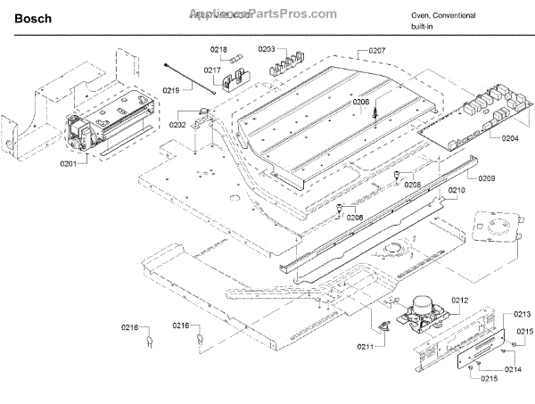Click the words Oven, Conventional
443,16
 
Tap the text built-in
424,28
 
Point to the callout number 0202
178,126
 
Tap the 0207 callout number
377,50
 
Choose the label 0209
486,178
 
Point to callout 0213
522,314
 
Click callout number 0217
211,70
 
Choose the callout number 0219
171,89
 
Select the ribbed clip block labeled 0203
289,64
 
